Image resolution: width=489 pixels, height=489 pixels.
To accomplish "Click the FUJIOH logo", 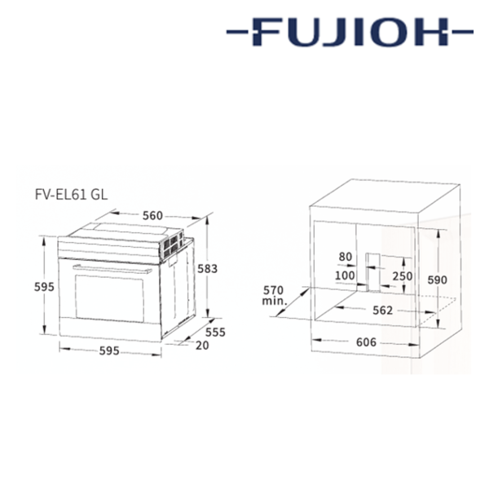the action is click(x=350, y=32).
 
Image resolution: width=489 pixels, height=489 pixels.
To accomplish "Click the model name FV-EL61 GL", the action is click(x=71, y=195).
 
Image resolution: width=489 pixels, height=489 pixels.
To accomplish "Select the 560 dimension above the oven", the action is click(x=152, y=215).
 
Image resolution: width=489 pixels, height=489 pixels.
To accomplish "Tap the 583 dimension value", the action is click(x=207, y=268).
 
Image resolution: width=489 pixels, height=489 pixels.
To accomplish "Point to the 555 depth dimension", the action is click(x=215, y=333).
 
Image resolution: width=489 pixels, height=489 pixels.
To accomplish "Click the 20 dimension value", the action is click(x=202, y=346).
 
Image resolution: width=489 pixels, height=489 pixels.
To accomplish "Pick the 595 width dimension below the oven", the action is click(x=109, y=351).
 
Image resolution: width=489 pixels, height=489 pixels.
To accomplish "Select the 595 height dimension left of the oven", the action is click(x=44, y=287).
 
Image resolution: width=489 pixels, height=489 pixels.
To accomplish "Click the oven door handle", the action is click(x=112, y=269).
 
